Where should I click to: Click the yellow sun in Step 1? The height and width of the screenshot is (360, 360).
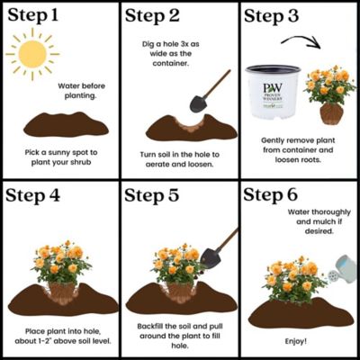(x=32, y=54)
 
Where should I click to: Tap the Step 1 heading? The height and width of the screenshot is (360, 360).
(x=33, y=15)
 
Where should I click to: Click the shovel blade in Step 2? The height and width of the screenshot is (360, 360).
(x=197, y=103)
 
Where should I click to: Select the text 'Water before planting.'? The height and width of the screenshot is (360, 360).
(x=81, y=91)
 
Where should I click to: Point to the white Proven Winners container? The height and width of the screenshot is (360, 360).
(x=273, y=91)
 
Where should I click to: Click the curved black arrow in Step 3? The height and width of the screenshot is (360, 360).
(x=301, y=39)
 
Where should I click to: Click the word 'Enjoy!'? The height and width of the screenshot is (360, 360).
(x=296, y=341)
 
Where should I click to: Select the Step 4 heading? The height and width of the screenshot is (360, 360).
(x=32, y=195)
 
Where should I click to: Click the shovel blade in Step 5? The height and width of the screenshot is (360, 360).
(x=211, y=258)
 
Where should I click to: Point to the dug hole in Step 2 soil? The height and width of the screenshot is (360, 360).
(x=191, y=124)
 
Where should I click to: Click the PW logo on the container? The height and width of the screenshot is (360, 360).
(x=273, y=87)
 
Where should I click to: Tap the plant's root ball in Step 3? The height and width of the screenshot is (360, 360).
(x=331, y=113)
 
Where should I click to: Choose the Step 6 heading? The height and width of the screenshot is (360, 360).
(x=271, y=195)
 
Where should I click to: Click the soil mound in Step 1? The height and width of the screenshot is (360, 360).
(x=66, y=124)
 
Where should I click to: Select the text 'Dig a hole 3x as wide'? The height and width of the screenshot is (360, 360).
(x=170, y=49)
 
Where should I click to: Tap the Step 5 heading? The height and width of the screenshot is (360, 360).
(x=152, y=195)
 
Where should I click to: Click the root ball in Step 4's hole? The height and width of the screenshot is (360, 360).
(x=62, y=292)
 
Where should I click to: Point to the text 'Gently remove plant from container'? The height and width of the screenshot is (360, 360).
(x=298, y=145)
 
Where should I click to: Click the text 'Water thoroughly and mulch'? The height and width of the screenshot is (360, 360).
(x=319, y=217)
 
